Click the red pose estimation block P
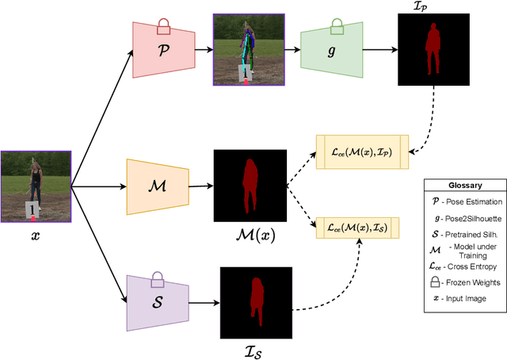[x=162, y=50]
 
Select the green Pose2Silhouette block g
[x=331, y=50]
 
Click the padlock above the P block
[x=163, y=27]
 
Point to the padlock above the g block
[x=337, y=27]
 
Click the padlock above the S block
[x=157, y=279]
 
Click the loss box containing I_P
[x=362, y=151]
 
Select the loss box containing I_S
[x=358, y=228]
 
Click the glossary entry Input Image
[x=466, y=298]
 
